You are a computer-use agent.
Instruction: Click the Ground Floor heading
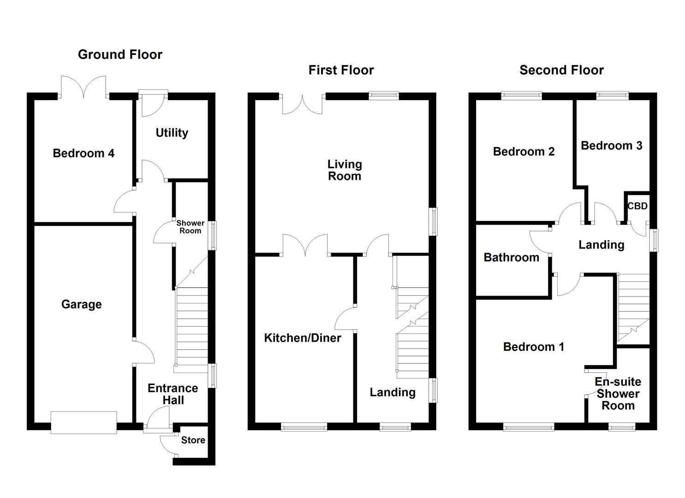click(120, 54)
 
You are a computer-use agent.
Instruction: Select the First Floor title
click(341, 70)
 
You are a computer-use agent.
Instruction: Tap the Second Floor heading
click(561, 70)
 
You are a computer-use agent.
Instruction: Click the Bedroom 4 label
click(83, 153)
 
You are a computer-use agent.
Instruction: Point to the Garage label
click(81, 304)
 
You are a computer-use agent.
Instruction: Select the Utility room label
click(172, 133)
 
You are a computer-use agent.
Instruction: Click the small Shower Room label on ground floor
click(190, 227)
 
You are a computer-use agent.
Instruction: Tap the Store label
click(193, 440)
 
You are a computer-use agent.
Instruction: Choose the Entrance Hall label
click(173, 394)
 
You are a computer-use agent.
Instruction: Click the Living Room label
click(345, 170)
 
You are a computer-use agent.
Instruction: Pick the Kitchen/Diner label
click(303, 338)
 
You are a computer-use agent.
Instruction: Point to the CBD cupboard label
click(637, 206)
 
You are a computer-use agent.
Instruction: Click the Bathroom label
click(511, 257)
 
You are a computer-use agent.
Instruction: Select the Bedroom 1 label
click(534, 347)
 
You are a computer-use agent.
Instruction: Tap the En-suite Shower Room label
click(618, 393)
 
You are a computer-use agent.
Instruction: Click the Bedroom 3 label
click(611, 146)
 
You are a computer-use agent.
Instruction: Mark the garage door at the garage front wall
click(84, 422)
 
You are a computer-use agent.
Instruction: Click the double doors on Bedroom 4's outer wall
click(84, 87)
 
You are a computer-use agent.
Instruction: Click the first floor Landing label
click(393, 392)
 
